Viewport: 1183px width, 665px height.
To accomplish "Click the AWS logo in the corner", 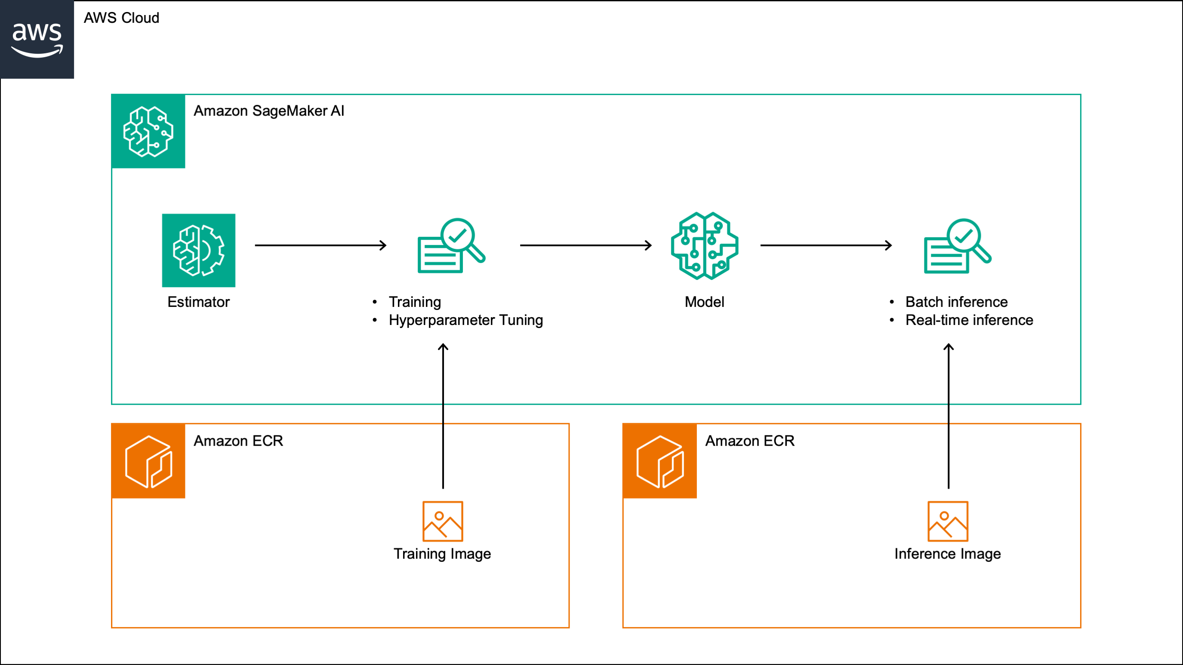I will tap(37, 40).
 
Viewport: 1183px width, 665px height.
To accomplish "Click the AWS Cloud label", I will tap(121, 18).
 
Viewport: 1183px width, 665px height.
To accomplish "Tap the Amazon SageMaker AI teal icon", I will tap(148, 131).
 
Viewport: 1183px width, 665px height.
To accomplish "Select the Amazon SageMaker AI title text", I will tap(269, 111).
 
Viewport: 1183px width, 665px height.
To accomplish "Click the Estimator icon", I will tap(198, 250).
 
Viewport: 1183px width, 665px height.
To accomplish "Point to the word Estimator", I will tap(198, 302).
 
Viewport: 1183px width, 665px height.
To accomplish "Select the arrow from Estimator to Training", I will tap(320, 245).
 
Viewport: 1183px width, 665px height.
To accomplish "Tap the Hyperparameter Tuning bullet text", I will tap(465, 320).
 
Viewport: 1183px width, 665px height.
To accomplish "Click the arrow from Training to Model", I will tap(585, 245).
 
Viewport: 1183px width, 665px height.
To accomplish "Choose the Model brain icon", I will tap(704, 245).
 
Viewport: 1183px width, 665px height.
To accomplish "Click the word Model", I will tap(704, 302).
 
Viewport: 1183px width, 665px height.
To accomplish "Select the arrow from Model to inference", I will tap(826, 245).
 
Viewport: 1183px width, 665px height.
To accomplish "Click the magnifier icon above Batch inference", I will tap(958, 246).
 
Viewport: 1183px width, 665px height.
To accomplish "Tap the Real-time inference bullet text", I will tap(969, 320).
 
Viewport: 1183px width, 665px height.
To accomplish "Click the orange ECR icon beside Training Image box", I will tap(148, 461).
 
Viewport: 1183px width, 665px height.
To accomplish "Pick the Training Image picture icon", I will tap(443, 521).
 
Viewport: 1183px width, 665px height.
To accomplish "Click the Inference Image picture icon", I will tap(948, 521).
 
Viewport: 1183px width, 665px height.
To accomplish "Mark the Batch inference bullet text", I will tap(956, 302).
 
